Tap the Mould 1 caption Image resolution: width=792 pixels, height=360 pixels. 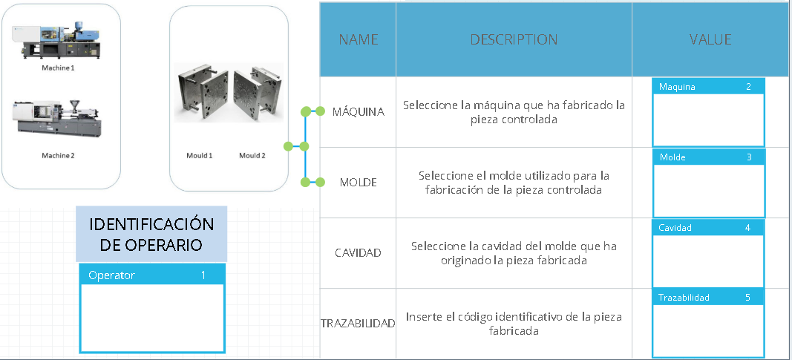pos(199,155)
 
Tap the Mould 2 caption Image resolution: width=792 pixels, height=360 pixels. pos(252,155)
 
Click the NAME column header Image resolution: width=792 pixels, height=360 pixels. pos(359,39)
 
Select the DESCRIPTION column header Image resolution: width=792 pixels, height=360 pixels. pos(514,39)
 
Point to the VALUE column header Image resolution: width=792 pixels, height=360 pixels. pos(710,39)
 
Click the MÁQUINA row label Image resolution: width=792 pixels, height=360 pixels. pos(359,112)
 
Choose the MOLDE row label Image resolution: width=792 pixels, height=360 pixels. pos(359,182)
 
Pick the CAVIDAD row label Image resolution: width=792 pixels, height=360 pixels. pos(359,252)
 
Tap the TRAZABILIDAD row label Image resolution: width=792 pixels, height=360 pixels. pos(359,324)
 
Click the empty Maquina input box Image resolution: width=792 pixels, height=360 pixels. pos(708,120)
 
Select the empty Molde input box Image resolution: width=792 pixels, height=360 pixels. pos(708,190)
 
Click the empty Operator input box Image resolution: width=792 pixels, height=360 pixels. pos(152,317)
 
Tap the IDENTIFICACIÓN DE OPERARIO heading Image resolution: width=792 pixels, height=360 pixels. pos(151,235)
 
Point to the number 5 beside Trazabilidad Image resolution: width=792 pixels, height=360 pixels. pos(748,298)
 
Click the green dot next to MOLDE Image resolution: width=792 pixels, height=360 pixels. pos(320,182)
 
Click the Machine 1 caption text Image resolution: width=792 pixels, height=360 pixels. pos(58,68)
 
